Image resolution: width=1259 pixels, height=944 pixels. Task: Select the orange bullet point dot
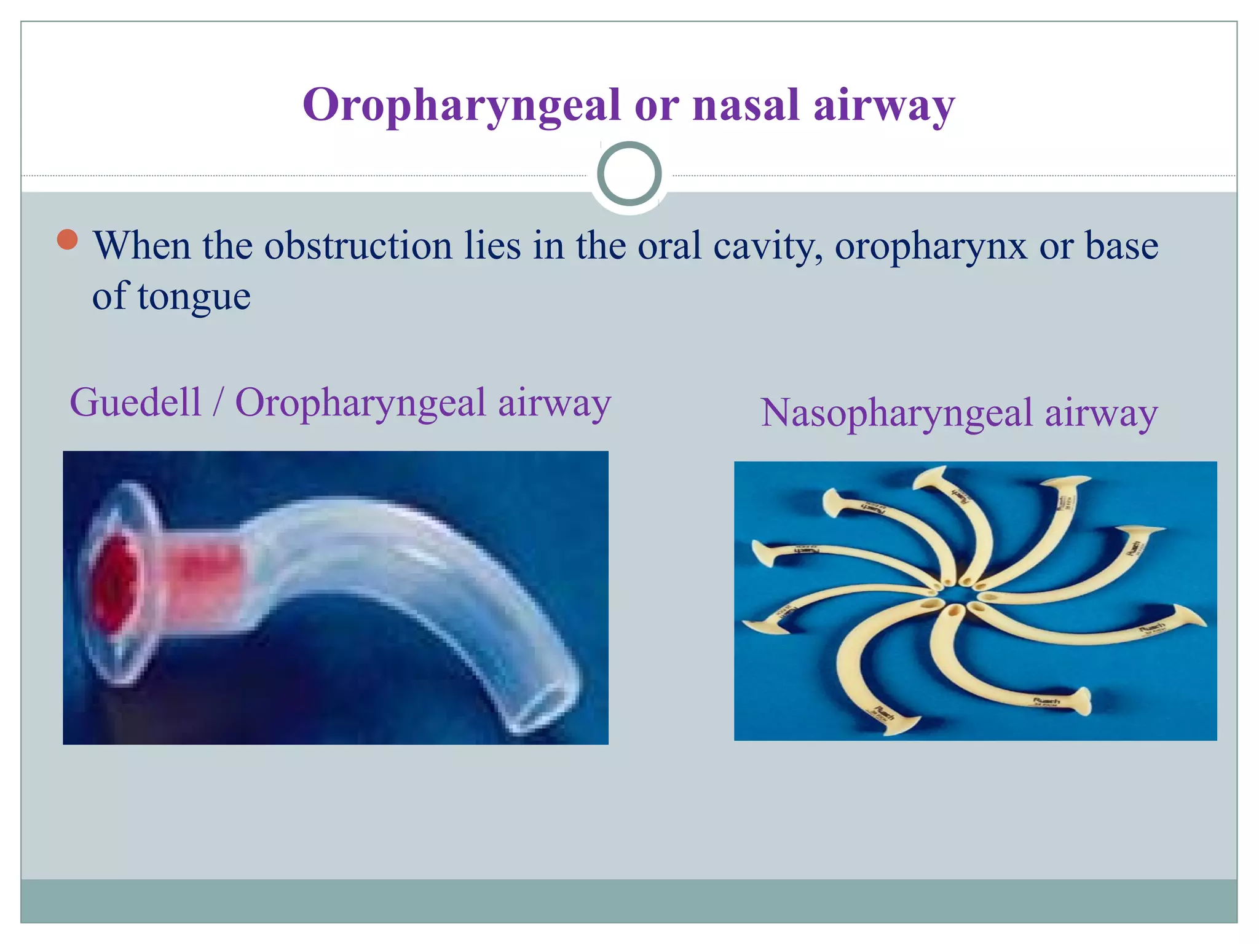click(x=67, y=240)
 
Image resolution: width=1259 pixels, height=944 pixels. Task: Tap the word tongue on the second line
click(x=194, y=298)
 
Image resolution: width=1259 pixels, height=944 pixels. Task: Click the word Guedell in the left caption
click(x=135, y=403)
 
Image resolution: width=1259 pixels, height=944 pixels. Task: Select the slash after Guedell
click(x=218, y=404)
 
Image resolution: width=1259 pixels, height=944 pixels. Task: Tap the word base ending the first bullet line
click(x=1121, y=246)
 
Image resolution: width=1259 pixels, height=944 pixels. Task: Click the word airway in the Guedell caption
click(x=554, y=404)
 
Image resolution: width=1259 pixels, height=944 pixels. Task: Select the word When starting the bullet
click(x=141, y=246)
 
